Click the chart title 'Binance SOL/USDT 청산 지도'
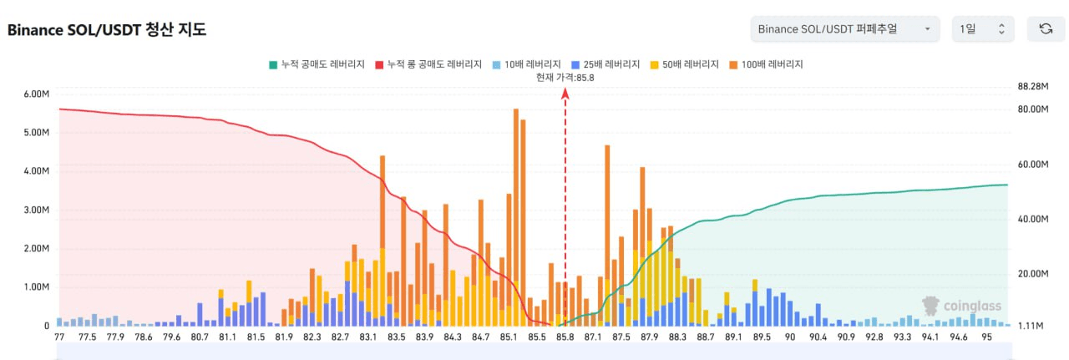tap(107, 30)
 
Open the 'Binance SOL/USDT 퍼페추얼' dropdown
tap(844, 29)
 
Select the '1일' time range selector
tap(983, 29)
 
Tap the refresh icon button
tap(1045, 29)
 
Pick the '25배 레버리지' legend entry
tap(608, 64)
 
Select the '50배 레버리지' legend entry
tap(690, 64)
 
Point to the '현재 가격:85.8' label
tap(565, 78)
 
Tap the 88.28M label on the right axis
tap(1033, 87)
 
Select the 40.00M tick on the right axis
tap(1033, 219)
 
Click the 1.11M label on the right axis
tap(1031, 326)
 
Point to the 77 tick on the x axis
tap(59, 337)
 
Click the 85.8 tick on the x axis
tap(565, 337)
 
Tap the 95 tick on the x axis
tap(987, 337)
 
